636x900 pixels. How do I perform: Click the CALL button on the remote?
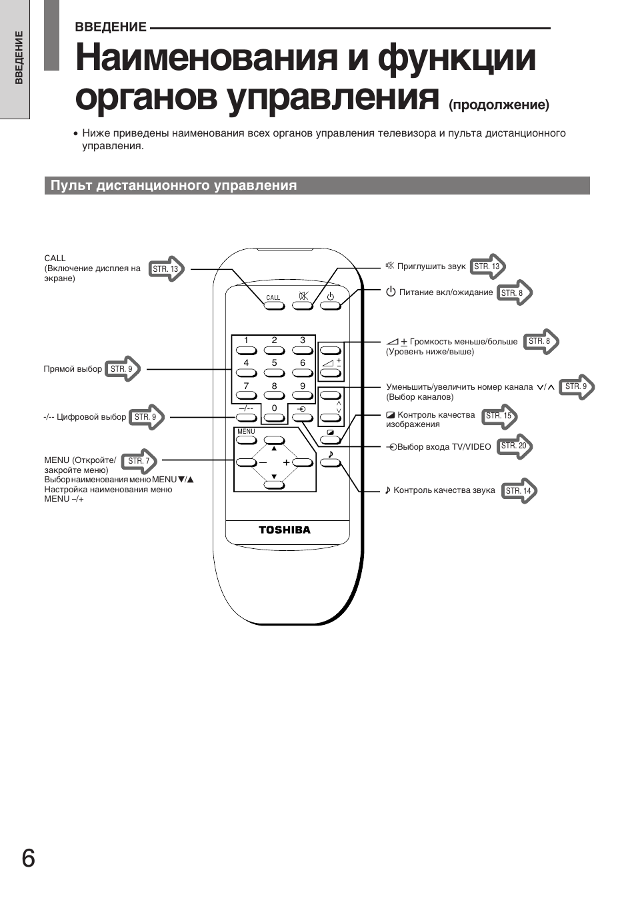click(x=273, y=305)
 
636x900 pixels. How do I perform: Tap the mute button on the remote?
click(x=303, y=305)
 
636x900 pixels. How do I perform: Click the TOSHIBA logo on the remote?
click(x=285, y=530)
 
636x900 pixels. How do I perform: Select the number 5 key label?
click(x=274, y=363)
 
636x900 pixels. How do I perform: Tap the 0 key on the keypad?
click(x=274, y=418)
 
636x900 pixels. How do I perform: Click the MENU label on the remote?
click(x=246, y=432)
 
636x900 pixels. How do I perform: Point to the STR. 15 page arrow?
click(x=500, y=416)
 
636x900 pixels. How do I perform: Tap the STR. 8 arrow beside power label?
click(x=515, y=293)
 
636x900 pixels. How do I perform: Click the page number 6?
click(x=28, y=859)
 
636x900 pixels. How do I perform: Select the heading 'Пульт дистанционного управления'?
click(x=174, y=186)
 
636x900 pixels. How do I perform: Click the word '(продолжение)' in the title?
click(x=499, y=105)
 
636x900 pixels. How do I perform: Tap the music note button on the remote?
click(x=330, y=462)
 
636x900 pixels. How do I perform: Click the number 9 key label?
click(x=303, y=386)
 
